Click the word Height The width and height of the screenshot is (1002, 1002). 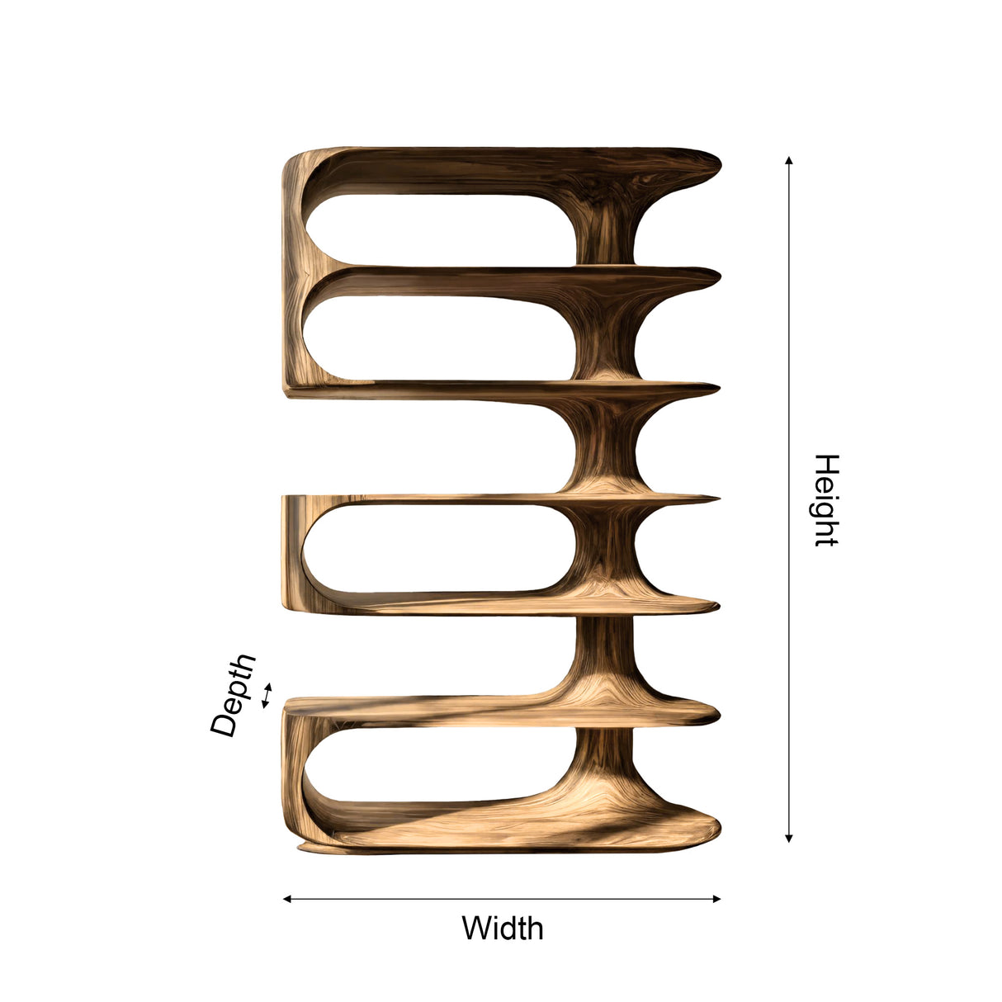pyautogui.click(x=826, y=499)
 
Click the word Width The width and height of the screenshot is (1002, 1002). pyautogui.click(x=502, y=929)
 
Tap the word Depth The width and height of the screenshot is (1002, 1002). pyautogui.click(x=234, y=695)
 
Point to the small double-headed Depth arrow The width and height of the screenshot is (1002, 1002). pyautogui.click(x=266, y=695)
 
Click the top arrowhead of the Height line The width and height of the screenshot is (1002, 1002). pyautogui.click(x=789, y=160)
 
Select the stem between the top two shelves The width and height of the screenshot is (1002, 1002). pyautogui.click(x=608, y=227)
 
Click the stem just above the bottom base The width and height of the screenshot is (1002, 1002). pyautogui.click(x=607, y=759)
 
